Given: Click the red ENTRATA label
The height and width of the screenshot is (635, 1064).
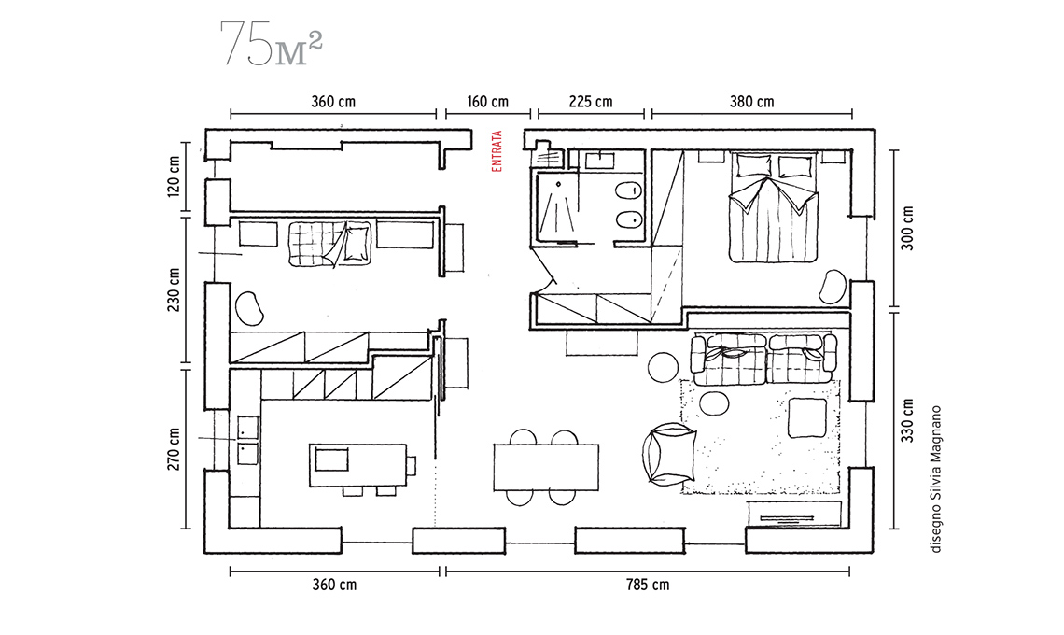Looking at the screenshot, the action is click(x=497, y=150).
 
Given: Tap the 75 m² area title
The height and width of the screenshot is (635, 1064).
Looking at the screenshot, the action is click(x=271, y=44).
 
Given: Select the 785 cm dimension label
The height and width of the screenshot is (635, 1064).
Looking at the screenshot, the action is click(x=648, y=585).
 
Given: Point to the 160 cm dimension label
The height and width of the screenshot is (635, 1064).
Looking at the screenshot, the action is click(x=487, y=102).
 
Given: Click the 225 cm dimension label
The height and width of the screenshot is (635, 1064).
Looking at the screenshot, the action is click(x=591, y=102).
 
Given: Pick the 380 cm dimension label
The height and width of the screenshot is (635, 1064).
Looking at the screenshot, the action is click(x=752, y=102).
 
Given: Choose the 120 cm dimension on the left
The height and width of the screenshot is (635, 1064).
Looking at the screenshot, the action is click(x=174, y=177).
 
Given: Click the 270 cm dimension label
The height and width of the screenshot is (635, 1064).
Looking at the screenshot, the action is click(x=174, y=449).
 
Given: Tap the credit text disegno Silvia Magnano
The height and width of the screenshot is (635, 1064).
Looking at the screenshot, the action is click(x=936, y=479).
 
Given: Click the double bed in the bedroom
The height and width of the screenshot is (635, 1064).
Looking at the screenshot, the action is click(x=773, y=208).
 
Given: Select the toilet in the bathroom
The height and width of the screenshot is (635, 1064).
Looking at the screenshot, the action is click(x=628, y=191).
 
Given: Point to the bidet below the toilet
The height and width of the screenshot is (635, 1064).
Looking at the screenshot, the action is click(x=628, y=219).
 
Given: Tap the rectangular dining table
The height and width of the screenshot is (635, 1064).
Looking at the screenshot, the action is click(x=546, y=467).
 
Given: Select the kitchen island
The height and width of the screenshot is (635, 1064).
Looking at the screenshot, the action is click(x=358, y=465).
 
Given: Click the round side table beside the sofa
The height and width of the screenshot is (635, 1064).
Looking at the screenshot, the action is click(x=663, y=368).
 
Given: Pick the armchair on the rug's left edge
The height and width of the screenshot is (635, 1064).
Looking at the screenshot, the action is click(x=668, y=455).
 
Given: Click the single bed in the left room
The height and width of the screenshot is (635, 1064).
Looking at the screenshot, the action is click(x=329, y=243).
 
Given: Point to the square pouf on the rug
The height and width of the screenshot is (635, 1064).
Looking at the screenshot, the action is click(x=807, y=417).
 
